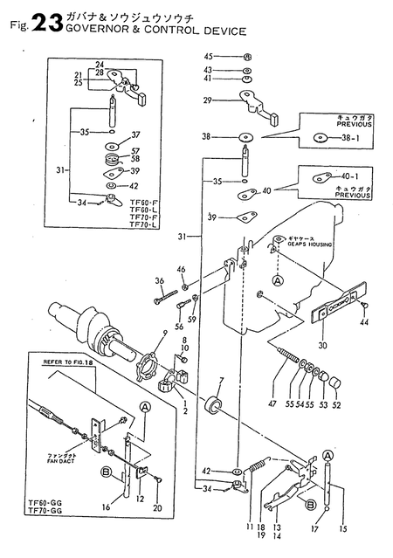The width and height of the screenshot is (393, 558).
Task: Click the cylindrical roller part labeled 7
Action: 211,408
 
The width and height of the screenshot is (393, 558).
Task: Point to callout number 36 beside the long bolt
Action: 158,280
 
